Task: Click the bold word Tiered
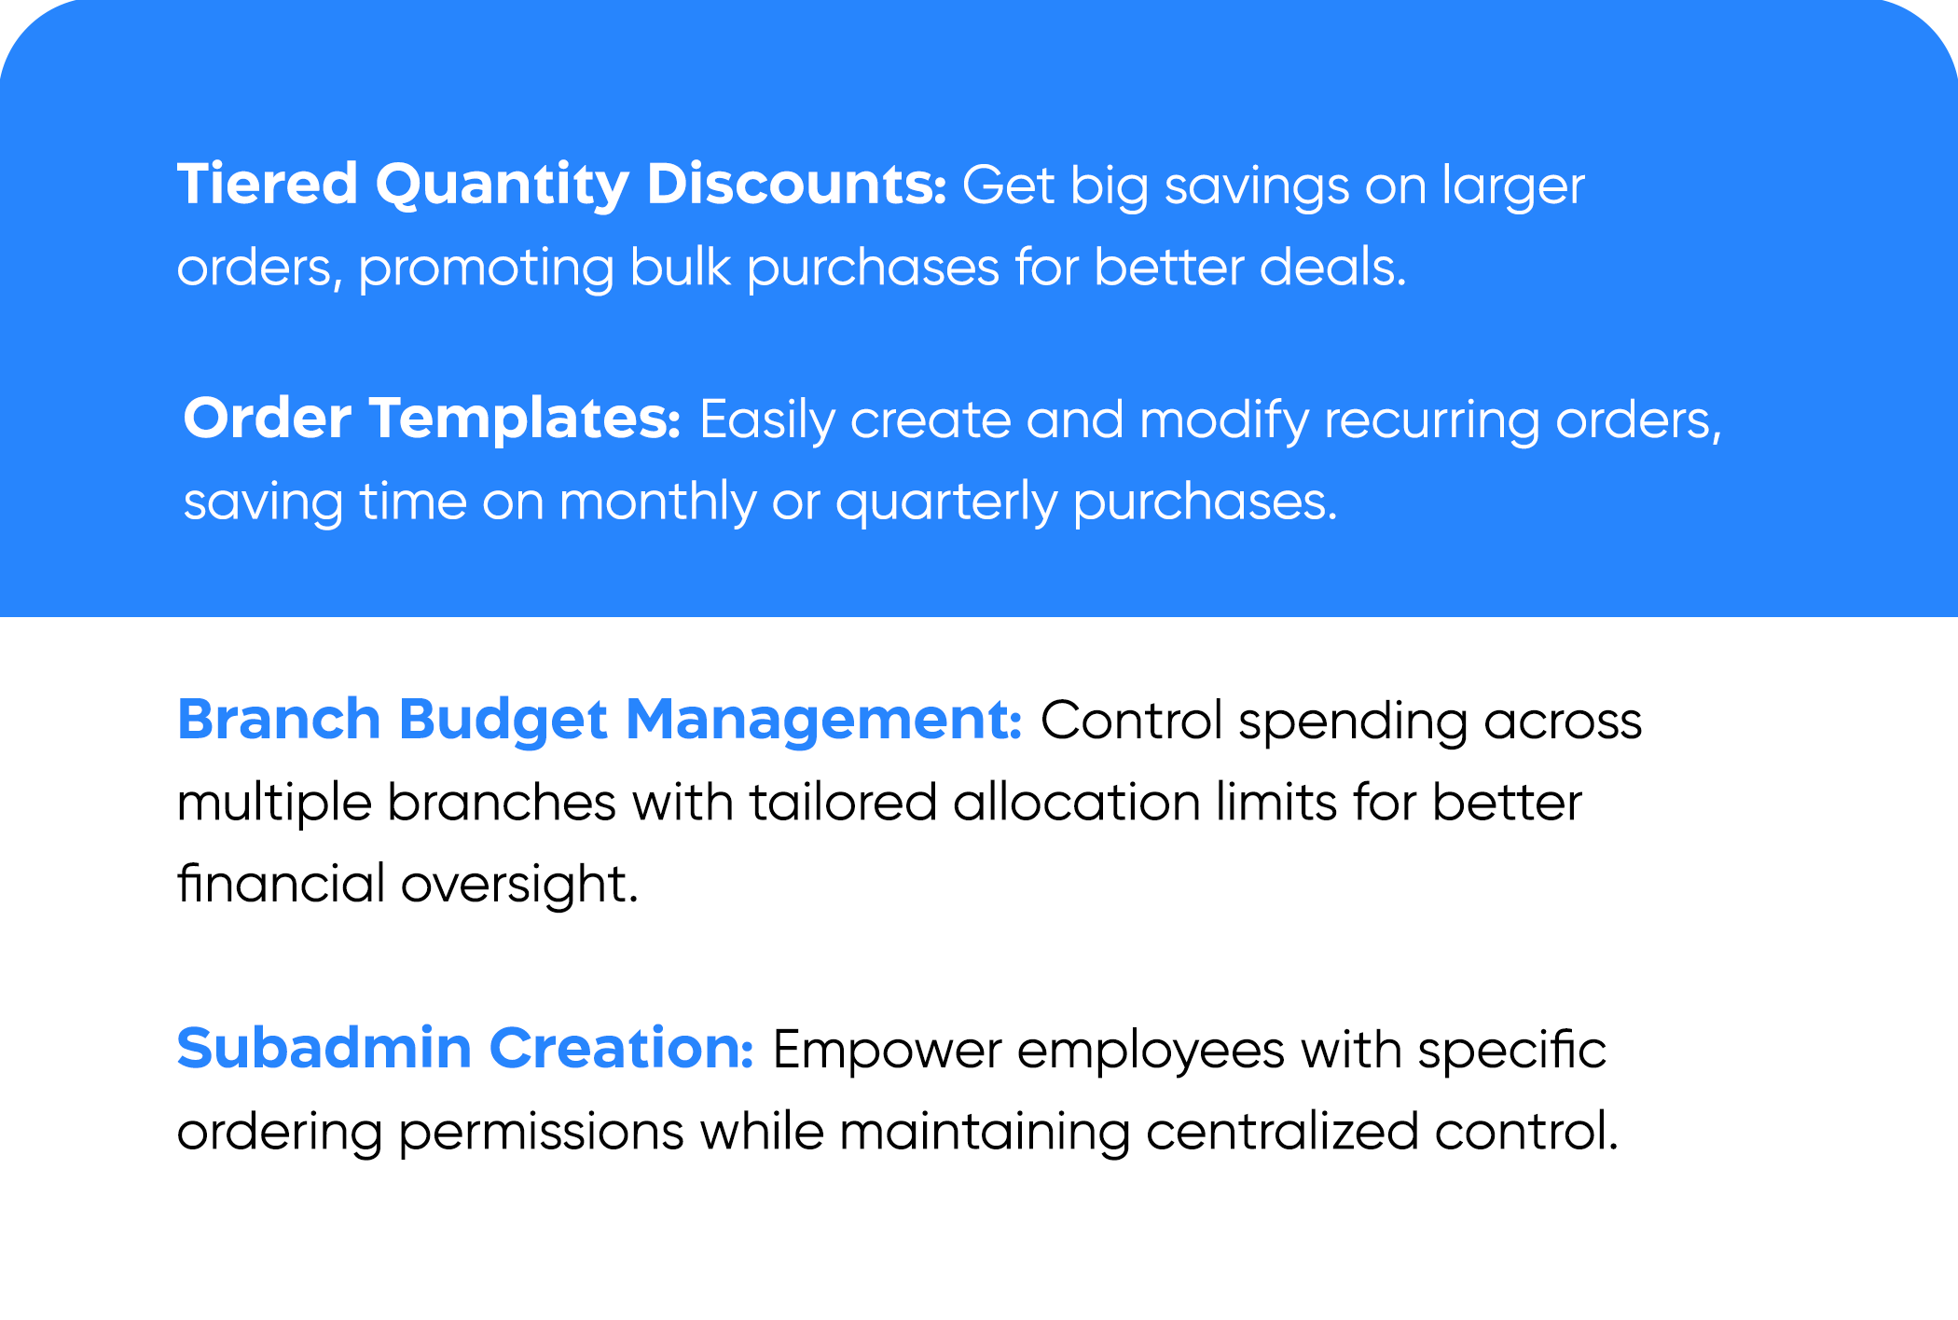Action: (x=268, y=183)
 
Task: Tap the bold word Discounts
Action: (x=796, y=183)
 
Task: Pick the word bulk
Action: (x=680, y=266)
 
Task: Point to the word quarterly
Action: (x=945, y=503)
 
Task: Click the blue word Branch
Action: (x=279, y=719)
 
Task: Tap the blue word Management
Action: (x=824, y=722)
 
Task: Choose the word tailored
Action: (x=843, y=803)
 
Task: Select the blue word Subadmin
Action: (x=324, y=1048)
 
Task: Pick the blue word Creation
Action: (x=621, y=1048)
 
